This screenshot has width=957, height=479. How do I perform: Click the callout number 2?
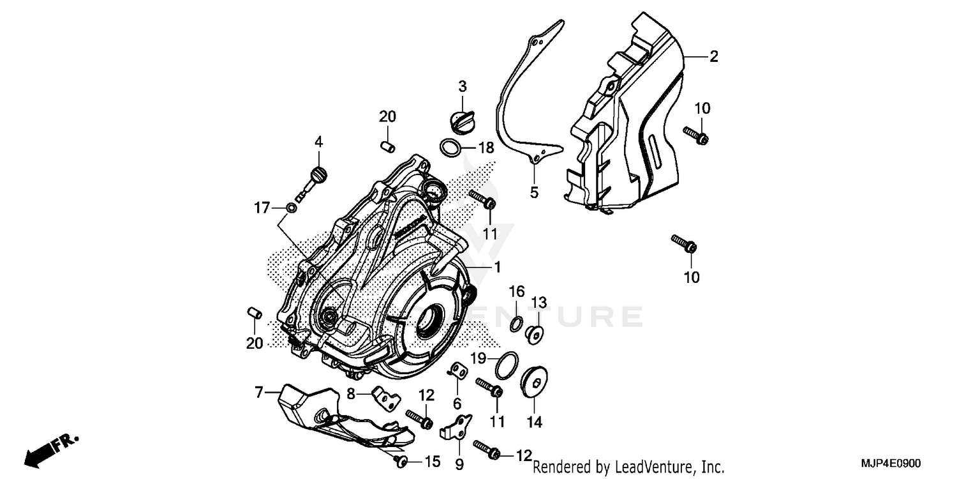(713, 56)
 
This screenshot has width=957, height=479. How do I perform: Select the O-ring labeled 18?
(450, 148)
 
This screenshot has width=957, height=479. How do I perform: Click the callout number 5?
(534, 192)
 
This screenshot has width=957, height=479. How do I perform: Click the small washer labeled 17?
(291, 207)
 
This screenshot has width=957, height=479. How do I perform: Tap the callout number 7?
(259, 393)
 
